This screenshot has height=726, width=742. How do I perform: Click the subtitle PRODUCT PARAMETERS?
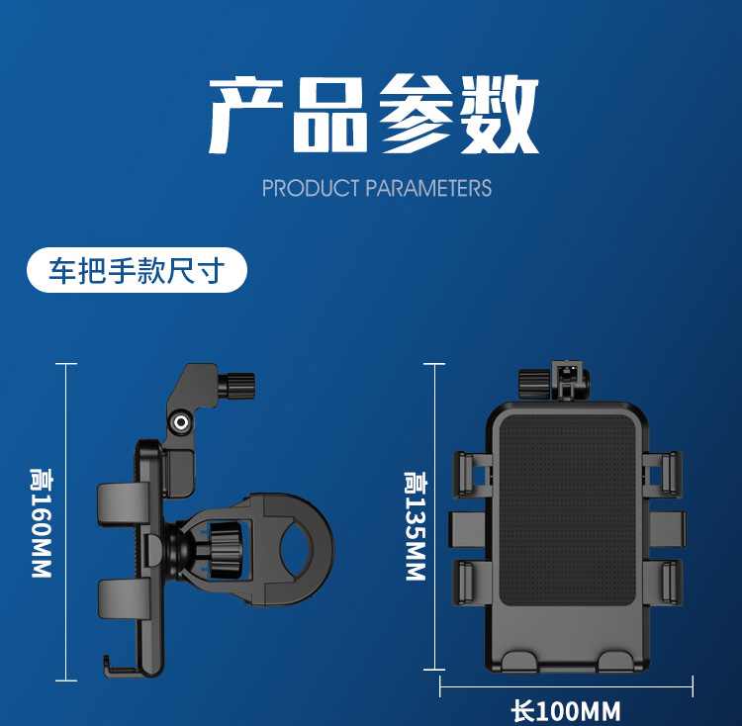376,188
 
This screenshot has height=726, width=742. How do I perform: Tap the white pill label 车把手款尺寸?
137,270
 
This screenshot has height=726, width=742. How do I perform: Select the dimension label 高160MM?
41,522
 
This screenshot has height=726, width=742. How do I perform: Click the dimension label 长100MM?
566,711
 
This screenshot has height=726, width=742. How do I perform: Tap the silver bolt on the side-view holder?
180,422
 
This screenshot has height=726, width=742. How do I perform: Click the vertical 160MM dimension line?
66,521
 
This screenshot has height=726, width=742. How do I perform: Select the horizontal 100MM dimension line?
566,685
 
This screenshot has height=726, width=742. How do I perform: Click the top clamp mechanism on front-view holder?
553,381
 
